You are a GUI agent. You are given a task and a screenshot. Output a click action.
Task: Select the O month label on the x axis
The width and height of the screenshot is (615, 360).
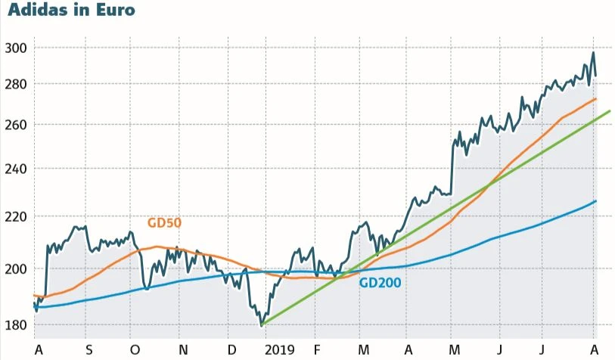(x=134, y=349)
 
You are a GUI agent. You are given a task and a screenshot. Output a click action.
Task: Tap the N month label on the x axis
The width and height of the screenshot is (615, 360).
(x=182, y=349)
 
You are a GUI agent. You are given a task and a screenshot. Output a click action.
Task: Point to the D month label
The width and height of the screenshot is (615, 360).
(x=231, y=349)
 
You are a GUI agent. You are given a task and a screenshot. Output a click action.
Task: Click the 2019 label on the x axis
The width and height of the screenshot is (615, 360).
(x=279, y=349)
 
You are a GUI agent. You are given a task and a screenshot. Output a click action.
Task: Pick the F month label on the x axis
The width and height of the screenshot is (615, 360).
(x=317, y=349)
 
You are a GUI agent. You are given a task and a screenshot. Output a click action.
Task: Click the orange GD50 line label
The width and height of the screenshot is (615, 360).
(x=164, y=223)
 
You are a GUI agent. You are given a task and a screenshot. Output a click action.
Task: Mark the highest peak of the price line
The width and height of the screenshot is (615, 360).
(x=593, y=52)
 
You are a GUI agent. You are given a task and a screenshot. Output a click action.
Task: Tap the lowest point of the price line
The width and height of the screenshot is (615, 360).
(x=262, y=325)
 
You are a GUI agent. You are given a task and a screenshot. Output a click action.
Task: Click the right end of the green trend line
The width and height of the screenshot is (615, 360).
(x=609, y=111)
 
